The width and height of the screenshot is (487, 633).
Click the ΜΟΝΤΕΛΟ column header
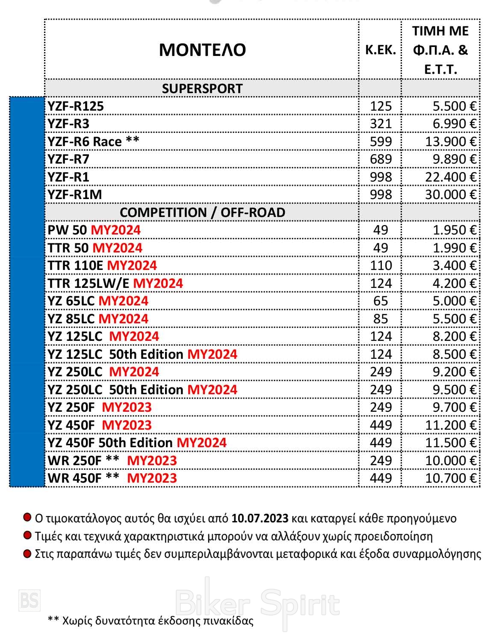pyautogui.click(x=202, y=50)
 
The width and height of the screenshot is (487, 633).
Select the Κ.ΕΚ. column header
pyautogui.click(x=380, y=50)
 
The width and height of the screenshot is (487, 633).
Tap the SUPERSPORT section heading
pyautogui.click(x=202, y=88)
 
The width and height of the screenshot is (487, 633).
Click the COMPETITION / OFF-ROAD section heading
pyautogui.click(x=202, y=212)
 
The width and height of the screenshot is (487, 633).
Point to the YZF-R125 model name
pyautogui.click(x=76, y=106)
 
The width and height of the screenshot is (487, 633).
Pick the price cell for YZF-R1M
pyautogui.click(x=450, y=195)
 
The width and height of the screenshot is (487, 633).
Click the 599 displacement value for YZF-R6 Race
pyautogui.click(x=381, y=141)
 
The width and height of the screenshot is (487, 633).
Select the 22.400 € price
pyautogui.click(x=450, y=177)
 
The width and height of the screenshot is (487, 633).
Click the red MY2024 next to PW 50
pyautogui.click(x=116, y=230)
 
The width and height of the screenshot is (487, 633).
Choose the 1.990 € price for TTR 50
pyautogui.click(x=454, y=248)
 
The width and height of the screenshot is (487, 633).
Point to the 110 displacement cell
pyautogui.click(x=381, y=266)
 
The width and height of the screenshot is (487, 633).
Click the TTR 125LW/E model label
pyautogui.click(x=88, y=283)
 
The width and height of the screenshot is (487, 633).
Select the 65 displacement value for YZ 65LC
pyautogui.click(x=381, y=301)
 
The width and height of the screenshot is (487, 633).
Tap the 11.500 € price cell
pyautogui.click(x=450, y=443)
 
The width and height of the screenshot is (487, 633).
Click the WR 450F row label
pyautogui.click(x=74, y=478)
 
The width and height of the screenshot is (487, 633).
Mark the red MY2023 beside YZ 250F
pyautogui.click(x=127, y=407)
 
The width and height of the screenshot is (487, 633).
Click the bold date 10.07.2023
pyautogui.click(x=260, y=519)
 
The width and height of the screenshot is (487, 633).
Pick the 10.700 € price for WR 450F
pyautogui.click(x=450, y=478)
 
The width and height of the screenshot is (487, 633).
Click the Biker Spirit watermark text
pyautogui.click(x=257, y=604)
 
